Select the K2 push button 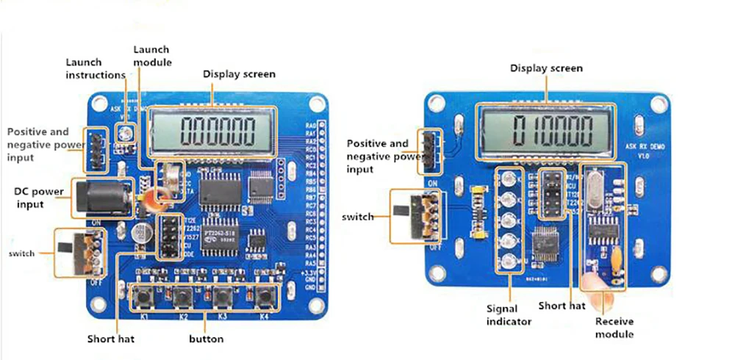[183, 298]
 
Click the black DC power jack [100, 197]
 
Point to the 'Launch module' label [152, 56]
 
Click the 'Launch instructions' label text [96, 68]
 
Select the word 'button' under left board [206, 339]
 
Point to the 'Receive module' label [614, 327]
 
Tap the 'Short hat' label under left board [111, 339]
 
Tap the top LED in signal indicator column [508, 177]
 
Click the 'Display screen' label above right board [547, 68]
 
